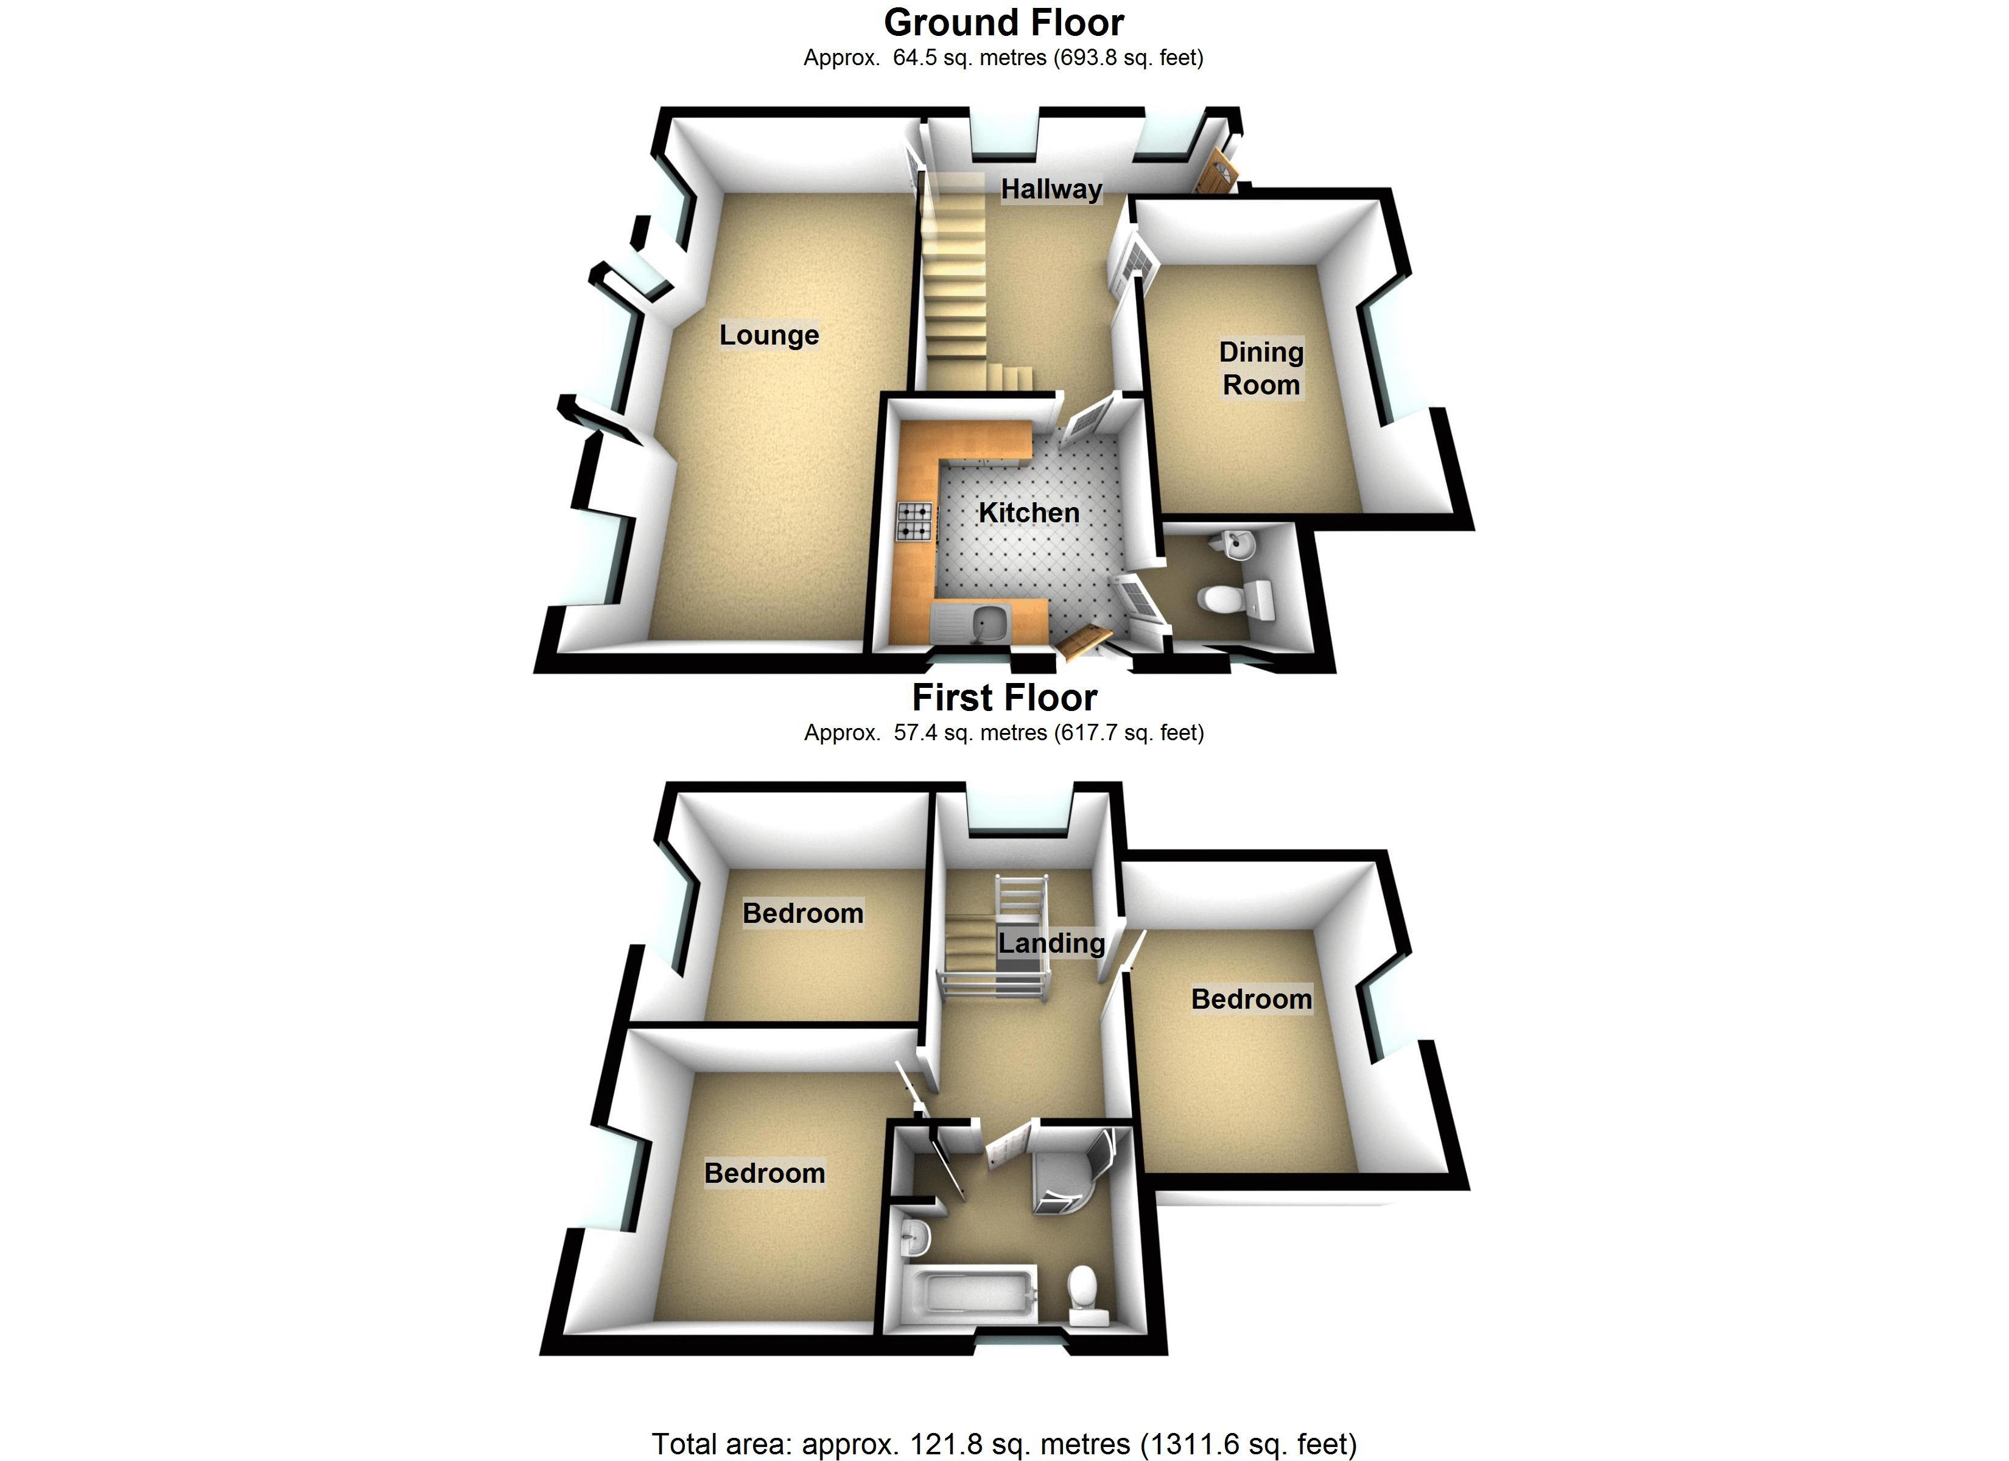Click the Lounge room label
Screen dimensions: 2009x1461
[x=769, y=335]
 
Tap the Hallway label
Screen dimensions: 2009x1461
[x=1051, y=189]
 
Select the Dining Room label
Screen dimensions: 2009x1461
[x=1261, y=368]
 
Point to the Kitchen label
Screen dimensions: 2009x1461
[x=1028, y=512]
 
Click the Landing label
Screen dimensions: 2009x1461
[x=1051, y=943]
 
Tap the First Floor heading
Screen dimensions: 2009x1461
[x=1004, y=698]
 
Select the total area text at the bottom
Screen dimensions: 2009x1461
[x=1004, y=1444]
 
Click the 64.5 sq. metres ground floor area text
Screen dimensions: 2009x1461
[x=1004, y=58]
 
